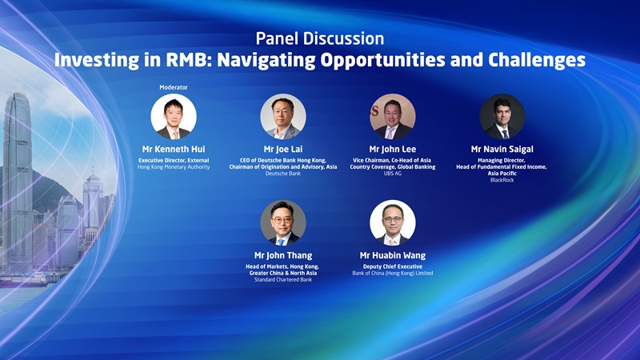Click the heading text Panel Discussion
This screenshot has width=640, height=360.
point(319,38)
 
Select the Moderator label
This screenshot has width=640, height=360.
point(174,87)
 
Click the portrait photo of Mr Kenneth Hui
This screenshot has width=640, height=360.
point(174,117)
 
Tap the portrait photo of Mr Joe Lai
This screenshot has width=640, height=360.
point(283,117)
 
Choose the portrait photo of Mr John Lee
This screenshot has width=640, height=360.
point(393,117)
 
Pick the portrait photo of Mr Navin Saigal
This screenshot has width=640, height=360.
point(502,117)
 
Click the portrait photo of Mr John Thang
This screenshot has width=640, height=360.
point(283,222)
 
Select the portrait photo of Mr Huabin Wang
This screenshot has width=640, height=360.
point(393,222)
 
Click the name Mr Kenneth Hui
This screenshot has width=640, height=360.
point(174,149)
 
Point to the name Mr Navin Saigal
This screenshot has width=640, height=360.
point(502,149)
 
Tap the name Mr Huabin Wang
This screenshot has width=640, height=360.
point(393,255)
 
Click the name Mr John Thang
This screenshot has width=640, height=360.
point(283,255)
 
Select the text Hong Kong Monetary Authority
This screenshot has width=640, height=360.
point(174,166)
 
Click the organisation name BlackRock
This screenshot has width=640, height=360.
point(502,180)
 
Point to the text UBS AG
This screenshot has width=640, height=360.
point(393,174)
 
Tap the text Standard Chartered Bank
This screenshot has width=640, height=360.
point(283,279)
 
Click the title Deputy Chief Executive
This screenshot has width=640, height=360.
point(393,266)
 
